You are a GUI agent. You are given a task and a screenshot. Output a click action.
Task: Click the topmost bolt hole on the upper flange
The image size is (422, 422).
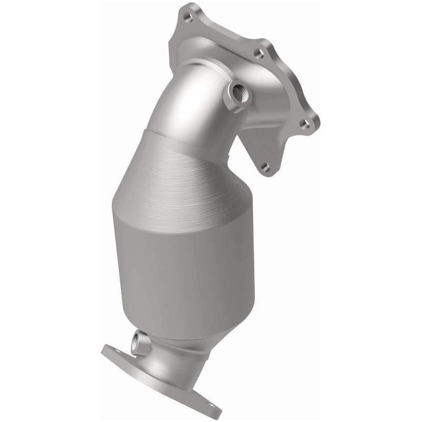[x=187, y=16]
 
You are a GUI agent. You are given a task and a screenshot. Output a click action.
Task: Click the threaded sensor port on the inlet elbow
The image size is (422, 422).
[x=235, y=95]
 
